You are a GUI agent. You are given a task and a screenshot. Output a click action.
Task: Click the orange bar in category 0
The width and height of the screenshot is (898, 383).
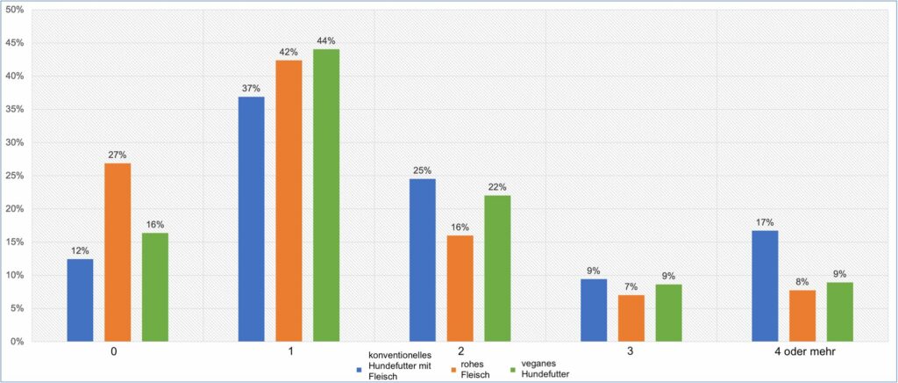pos(118,252)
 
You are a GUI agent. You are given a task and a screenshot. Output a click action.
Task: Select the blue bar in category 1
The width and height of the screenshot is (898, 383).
pos(252,219)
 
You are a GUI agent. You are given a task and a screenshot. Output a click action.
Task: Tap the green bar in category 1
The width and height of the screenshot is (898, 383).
pos(326,195)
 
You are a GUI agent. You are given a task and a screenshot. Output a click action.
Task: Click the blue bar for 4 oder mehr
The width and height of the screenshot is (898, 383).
pos(765,285)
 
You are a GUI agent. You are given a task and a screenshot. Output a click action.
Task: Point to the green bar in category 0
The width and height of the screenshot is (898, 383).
pos(155,286)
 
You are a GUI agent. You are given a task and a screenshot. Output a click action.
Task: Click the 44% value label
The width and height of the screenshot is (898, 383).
pos(326,40)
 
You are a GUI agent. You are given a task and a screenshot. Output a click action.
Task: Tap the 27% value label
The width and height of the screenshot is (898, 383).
pos(118,155)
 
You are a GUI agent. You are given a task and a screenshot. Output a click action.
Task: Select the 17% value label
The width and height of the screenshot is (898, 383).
pos(765,222)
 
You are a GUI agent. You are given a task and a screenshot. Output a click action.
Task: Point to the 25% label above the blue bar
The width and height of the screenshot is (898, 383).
pos(423,170)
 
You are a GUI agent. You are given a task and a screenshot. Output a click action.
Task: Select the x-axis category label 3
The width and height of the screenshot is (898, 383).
pos(631,353)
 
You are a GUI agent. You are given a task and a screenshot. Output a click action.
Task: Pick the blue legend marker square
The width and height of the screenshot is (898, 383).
pos(359,371)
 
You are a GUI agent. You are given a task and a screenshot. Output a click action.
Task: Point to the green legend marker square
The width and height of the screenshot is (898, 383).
pos(513,371)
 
